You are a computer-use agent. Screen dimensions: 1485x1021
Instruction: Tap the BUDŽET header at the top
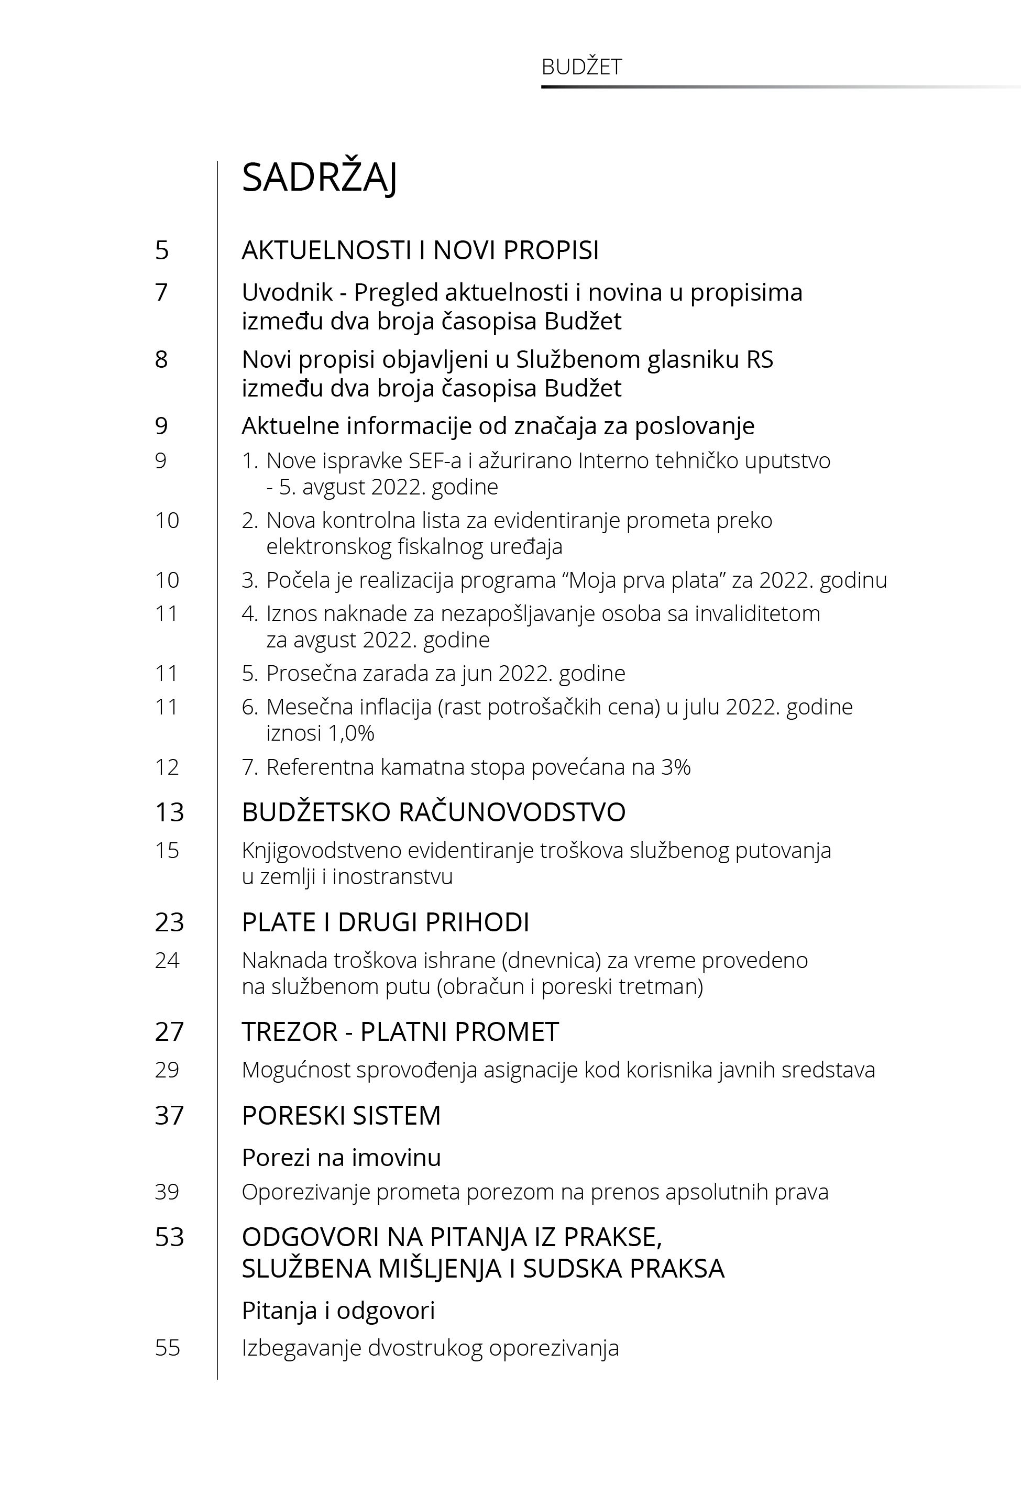pyautogui.click(x=581, y=67)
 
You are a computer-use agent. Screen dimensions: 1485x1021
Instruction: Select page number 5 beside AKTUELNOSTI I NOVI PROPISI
pyautogui.click(x=162, y=250)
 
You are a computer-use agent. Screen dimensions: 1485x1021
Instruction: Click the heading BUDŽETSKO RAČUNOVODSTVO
pyautogui.click(x=433, y=812)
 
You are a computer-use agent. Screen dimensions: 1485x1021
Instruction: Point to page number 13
pyautogui.click(x=169, y=812)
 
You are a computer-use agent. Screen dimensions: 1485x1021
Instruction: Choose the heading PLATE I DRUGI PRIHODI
pyautogui.click(x=385, y=922)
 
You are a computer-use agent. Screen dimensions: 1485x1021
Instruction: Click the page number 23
pyautogui.click(x=169, y=922)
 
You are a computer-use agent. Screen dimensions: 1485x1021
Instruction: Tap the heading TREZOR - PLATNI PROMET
pyautogui.click(x=400, y=1031)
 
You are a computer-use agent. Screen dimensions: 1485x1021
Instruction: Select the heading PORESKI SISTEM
pyautogui.click(x=341, y=1115)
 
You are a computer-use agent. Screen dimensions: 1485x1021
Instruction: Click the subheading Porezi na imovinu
pyautogui.click(x=341, y=1158)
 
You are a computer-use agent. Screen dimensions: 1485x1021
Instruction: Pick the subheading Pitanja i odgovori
pyautogui.click(x=338, y=1311)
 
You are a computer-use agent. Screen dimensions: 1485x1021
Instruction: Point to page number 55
pyautogui.click(x=167, y=1348)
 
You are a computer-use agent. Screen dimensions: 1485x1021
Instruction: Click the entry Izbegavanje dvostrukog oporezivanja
pyautogui.click(x=430, y=1348)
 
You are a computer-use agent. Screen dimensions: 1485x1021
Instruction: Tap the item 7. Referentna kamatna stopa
pyautogui.click(x=466, y=767)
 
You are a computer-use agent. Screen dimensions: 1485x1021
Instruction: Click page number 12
pyautogui.click(x=167, y=767)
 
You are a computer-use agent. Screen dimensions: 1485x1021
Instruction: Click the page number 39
pyautogui.click(x=167, y=1192)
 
